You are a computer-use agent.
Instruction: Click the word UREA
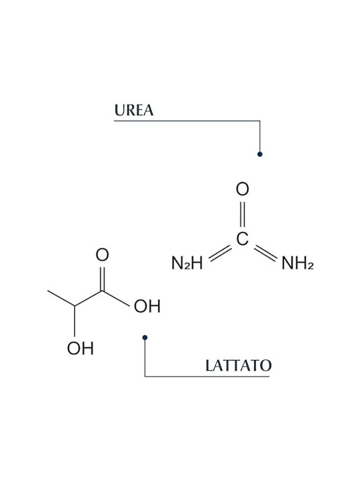(134, 110)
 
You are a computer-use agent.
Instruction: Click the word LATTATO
(238, 365)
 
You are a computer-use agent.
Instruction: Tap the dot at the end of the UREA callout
(260, 154)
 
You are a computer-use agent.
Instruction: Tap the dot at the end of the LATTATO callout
(145, 337)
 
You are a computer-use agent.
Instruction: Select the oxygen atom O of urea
(243, 189)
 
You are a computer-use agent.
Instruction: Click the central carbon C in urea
(243, 239)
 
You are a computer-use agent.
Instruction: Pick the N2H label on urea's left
(187, 263)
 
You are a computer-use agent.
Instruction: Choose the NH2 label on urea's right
(297, 263)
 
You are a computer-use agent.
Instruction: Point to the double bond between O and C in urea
(243, 214)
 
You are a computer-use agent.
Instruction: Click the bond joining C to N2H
(220, 253)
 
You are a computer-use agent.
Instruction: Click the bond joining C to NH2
(265, 253)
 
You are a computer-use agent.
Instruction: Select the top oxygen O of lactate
(102, 255)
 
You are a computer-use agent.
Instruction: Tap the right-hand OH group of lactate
(147, 306)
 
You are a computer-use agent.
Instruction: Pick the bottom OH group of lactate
(80, 349)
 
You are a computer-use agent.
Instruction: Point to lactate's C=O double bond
(103, 279)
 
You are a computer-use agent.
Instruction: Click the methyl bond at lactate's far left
(61, 298)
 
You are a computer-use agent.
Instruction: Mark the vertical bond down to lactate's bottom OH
(75, 321)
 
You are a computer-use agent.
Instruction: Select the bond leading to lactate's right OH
(116, 299)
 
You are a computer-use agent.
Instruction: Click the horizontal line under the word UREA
(187, 121)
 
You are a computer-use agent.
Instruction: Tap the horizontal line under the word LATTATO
(207, 376)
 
